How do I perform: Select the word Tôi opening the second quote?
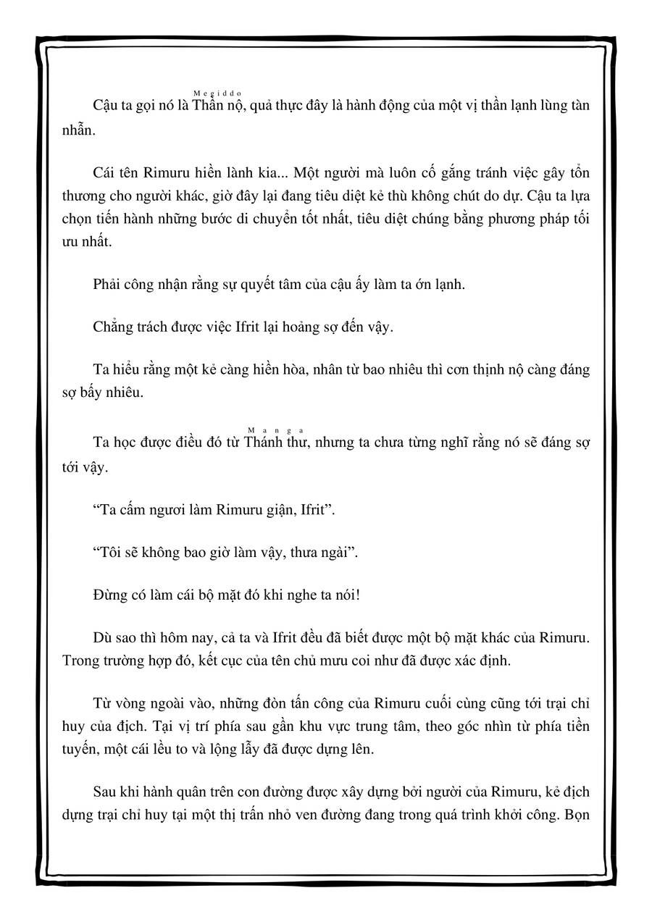[x=110, y=552]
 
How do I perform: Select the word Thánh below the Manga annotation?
[x=263, y=443]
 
